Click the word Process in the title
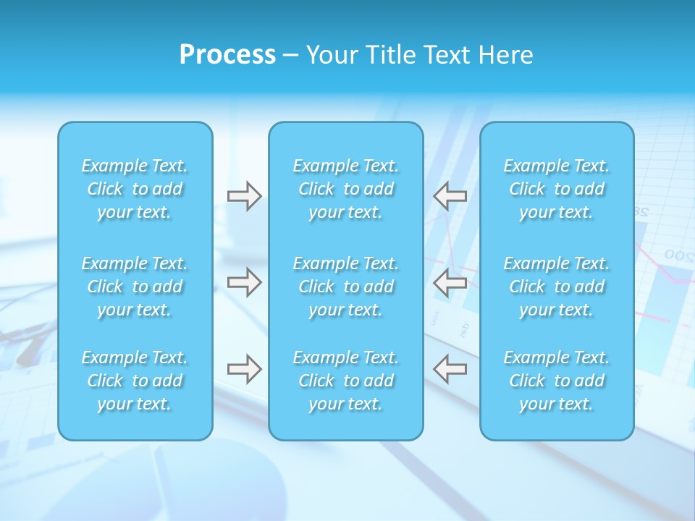coord(227,55)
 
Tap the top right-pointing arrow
coord(244,196)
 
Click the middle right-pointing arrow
coord(244,281)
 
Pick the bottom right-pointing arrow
coord(244,368)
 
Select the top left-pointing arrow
coord(450,196)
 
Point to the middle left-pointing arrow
coord(450,281)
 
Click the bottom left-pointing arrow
coord(450,368)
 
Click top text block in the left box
coord(135,189)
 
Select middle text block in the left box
coord(135,287)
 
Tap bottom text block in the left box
coord(135,381)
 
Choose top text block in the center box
coord(345,189)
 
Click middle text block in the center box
coord(345,287)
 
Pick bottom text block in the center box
coord(345,381)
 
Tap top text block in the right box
coord(556,189)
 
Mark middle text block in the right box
coord(556,287)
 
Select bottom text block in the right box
coord(556,381)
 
